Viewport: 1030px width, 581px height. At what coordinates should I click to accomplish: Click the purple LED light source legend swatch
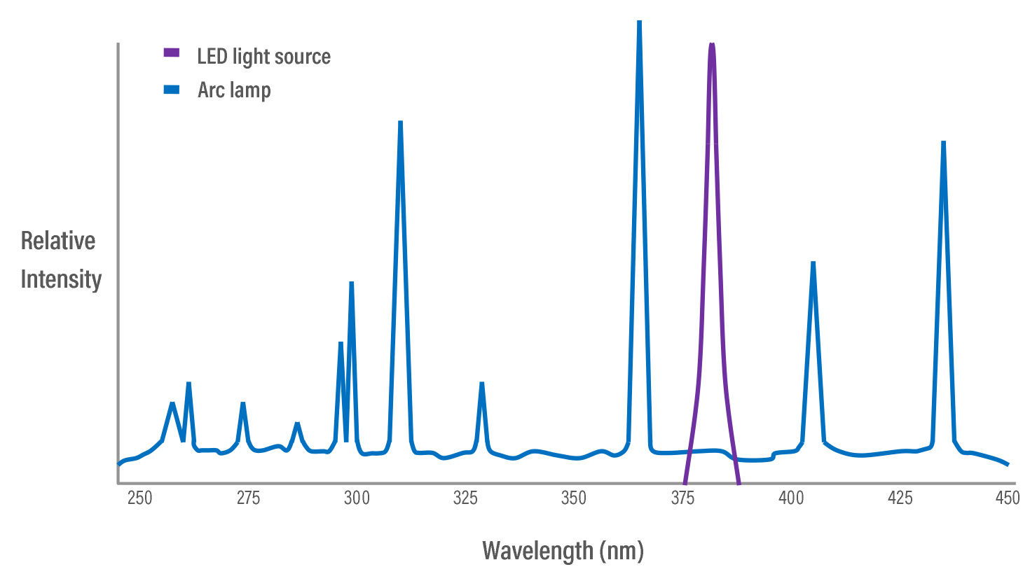point(171,53)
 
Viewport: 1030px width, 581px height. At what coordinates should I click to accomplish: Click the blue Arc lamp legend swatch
point(171,90)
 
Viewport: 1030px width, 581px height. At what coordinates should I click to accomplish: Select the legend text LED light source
point(263,56)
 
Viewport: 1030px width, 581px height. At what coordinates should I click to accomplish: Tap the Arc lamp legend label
point(234,90)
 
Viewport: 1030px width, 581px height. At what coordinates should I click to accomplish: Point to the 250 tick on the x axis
point(139,498)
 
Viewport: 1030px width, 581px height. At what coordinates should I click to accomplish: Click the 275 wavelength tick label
point(248,498)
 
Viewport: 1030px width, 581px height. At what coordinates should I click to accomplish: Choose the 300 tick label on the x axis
point(357,498)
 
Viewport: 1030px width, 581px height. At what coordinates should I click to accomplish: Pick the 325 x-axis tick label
point(465,498)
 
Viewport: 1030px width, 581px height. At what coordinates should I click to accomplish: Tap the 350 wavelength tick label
point(574,498)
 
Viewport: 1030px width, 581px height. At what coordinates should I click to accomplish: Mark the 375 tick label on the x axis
point(682,498)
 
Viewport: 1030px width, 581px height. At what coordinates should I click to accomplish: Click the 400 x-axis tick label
point(791,498)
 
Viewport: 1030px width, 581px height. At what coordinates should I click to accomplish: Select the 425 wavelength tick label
point(900,498)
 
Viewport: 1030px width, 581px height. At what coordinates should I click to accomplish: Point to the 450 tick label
point(1008,498)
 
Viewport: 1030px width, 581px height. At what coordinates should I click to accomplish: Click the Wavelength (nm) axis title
point(563,551)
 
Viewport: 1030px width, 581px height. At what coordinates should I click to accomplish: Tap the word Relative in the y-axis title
point(58,241)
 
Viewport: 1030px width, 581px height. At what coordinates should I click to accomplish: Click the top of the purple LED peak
point(712,45)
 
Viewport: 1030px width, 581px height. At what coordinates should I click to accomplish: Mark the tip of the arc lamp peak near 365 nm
point(639,22)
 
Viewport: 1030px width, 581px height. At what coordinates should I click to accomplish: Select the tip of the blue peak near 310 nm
point(400,122)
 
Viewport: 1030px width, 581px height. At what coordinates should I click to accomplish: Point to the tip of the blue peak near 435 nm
point(943,143)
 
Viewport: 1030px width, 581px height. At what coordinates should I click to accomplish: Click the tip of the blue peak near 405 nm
point(813,263)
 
